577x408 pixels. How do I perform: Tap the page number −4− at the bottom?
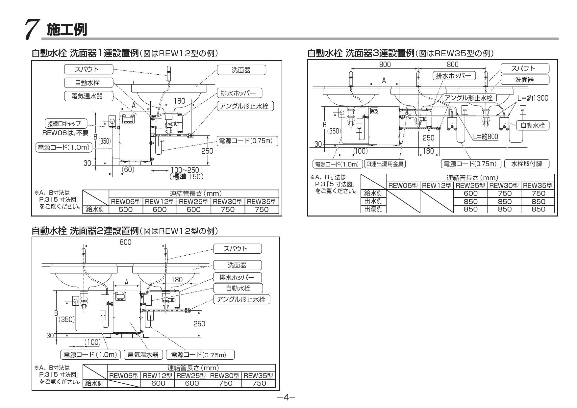tap(286, 397)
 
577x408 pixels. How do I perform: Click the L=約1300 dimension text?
tap(533, 98)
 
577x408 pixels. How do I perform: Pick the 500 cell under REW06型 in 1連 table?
tap(126, 209)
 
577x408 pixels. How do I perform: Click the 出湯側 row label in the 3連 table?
tap(373, 209)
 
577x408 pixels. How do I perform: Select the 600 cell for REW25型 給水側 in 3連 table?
tap(470, 193)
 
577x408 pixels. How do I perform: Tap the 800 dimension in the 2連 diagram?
tap(125, 242)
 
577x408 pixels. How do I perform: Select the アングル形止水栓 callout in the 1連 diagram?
tap(245, 106)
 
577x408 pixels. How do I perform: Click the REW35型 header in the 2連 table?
tap(258, 376)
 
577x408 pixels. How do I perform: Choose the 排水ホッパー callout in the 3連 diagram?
tap(454, 76)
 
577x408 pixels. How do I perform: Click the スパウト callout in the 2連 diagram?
tap(238, 249)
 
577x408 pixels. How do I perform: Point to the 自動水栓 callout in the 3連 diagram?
tap(533, 125)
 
